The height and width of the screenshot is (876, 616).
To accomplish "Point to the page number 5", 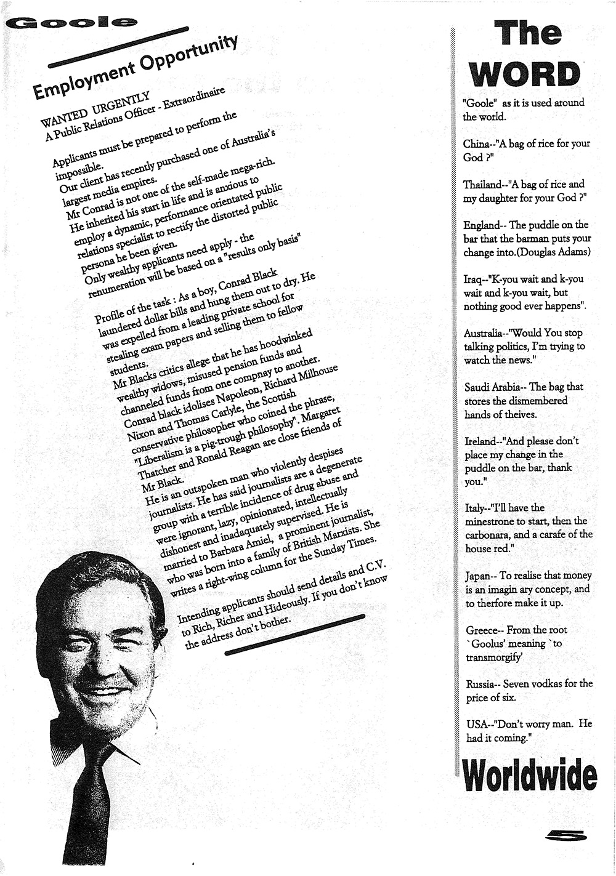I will click(x=566, y=835).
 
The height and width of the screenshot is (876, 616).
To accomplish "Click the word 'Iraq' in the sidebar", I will click(x=472, y=279).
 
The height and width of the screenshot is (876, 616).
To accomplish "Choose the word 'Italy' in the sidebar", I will click(x=474, y=508).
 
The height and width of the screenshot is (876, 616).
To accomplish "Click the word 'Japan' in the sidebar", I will click(x=477, y=576).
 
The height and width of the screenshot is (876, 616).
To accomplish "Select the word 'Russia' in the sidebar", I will click(x=480, y=684).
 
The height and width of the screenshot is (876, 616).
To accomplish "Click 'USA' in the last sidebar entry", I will click(x=476, y=725).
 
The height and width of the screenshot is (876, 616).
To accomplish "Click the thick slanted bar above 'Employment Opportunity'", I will click(x=118, y=47).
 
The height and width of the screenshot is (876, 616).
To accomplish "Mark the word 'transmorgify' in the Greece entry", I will click(x=495, y=657).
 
